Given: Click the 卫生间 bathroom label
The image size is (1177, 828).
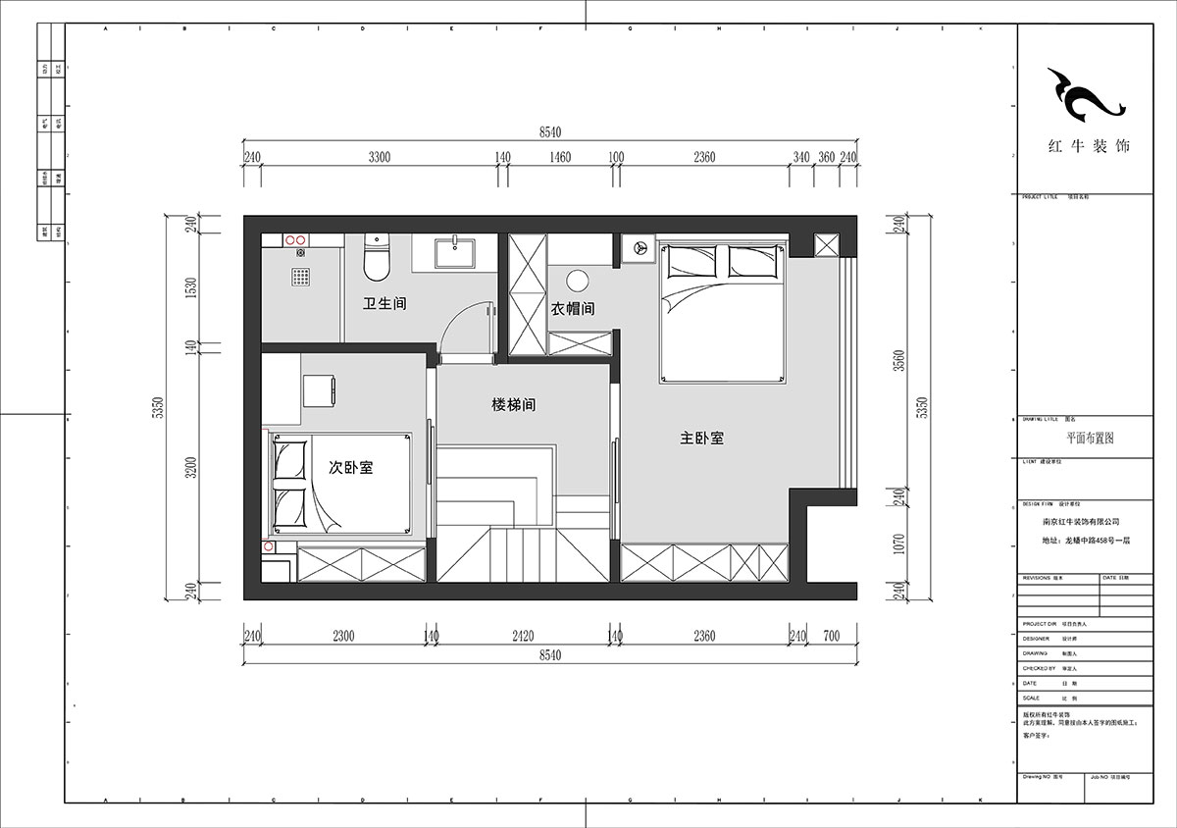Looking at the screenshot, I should coord(384,304).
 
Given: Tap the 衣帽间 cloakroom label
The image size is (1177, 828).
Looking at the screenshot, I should coord(572,309).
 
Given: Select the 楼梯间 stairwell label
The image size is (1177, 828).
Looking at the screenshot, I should coord(514,404).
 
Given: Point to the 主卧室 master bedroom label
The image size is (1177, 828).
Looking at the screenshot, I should coord(702,439).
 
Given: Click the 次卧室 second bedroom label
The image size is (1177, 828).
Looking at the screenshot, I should coord(350,468).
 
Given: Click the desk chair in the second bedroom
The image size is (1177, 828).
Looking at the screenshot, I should coord(319,389).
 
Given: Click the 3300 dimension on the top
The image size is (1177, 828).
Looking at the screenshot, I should coord(380,157).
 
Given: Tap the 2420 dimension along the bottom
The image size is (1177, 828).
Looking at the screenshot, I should coord(524,636).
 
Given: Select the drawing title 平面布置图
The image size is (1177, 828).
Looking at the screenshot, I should coord(1090,439).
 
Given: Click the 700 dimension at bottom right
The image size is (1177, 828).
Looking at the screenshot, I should coord(832,636).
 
